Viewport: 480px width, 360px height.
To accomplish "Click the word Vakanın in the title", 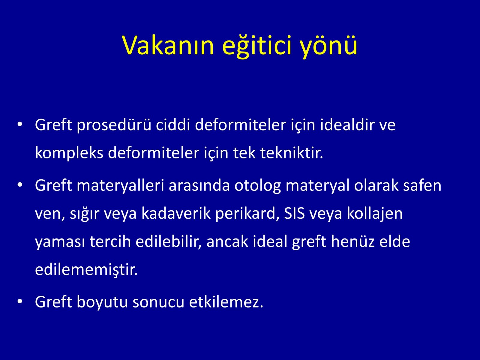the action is point(168,46).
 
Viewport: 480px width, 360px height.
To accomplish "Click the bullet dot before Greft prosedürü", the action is point(20,124).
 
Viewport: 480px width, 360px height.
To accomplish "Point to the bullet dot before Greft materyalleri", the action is point(20,185).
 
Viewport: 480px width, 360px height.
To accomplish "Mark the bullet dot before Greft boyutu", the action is point(20,301).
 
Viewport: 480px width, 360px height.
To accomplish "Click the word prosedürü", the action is point(114,125).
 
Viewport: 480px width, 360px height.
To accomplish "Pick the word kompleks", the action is point(69,153).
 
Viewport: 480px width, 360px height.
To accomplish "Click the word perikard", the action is point(247,214).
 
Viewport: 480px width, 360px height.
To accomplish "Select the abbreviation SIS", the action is point(294,214).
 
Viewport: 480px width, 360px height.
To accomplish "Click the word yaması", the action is point(60,242).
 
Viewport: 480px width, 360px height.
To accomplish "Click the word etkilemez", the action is point(226,302).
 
